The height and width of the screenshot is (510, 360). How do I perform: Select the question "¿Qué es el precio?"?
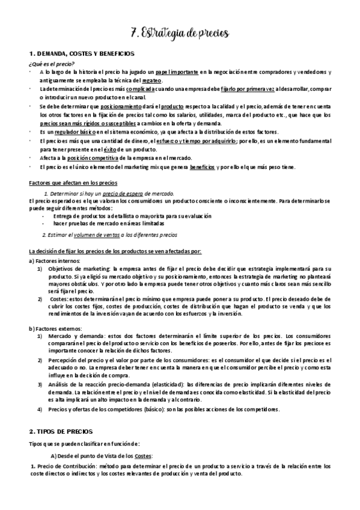52,64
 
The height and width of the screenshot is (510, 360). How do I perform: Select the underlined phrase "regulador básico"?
69,131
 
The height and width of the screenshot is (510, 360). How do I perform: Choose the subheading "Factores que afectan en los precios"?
73,182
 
